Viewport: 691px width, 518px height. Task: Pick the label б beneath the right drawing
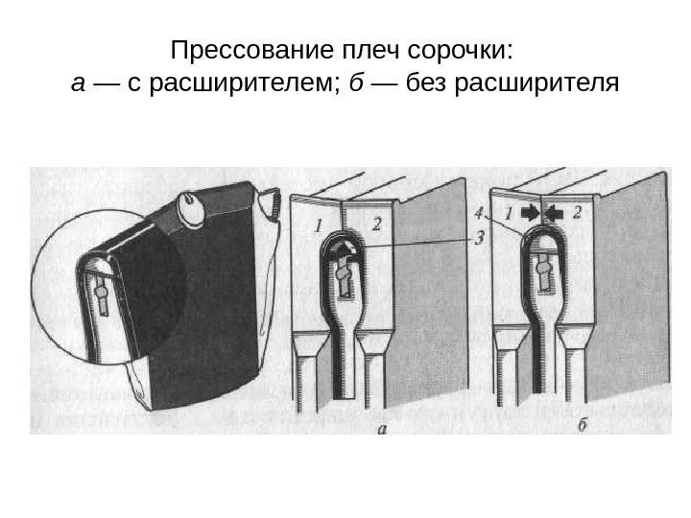click(x=583, y=431)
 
